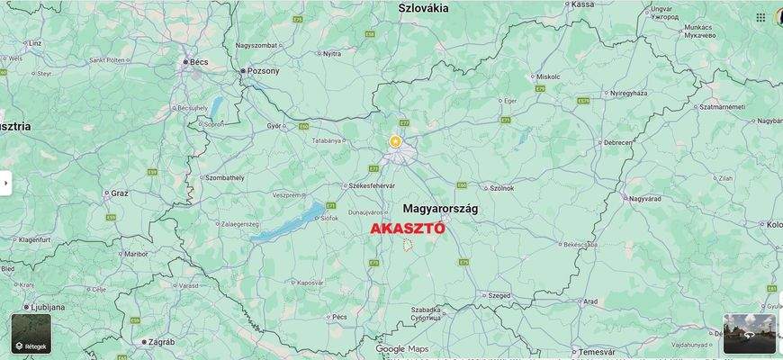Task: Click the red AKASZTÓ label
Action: click(408, 229)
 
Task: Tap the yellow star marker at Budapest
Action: click(394, 141)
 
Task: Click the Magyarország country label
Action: click(440, 208)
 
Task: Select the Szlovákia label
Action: click(423, 8)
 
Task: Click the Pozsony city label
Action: click(263, 70)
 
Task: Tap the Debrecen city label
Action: click(617, 142)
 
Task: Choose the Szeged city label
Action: click(499, 295)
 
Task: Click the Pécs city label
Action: click(338, 317)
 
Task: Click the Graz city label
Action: click(120, 193)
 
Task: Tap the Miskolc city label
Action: click(547, 76)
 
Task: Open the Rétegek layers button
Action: click(31, 334)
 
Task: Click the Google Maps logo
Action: click(402, 349)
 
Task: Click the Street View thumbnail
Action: click(749, 334)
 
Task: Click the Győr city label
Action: click(274, 126)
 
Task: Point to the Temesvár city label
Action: click(597, 351)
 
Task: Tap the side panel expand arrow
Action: click(5, 183)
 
